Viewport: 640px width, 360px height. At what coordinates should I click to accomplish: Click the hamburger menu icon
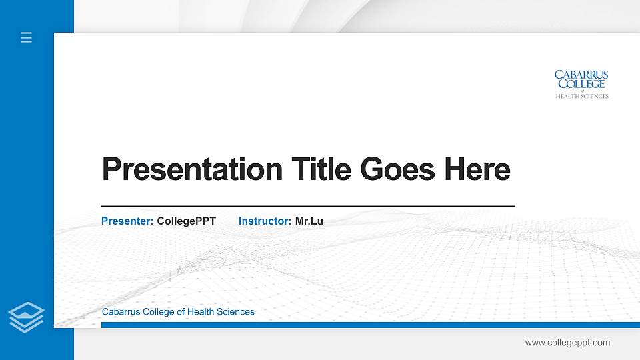point(26,37)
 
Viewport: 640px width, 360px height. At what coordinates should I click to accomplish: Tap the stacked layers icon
point(26,317)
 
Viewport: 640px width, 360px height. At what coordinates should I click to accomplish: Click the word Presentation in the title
point(192,169)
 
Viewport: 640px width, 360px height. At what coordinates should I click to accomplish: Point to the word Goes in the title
point(397,169)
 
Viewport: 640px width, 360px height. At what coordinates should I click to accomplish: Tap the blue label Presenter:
point(127,221)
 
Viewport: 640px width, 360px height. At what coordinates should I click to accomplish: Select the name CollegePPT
point(187,221)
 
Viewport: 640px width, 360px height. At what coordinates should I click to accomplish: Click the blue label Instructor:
point(265,221)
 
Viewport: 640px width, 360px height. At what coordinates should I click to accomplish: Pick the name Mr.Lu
point(309,221)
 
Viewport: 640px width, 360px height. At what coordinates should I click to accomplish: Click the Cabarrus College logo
point(581,84)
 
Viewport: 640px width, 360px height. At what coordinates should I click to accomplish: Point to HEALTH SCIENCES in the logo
point(582,96)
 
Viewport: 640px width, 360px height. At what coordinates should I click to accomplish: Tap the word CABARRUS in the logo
point(581,75)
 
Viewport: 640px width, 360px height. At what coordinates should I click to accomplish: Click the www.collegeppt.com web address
point(567,343)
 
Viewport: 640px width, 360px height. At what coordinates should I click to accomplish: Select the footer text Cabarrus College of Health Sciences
point(178,311)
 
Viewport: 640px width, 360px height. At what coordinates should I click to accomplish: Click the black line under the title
point(307,207)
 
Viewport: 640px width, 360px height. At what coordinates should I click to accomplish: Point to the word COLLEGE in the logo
point(581,84)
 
